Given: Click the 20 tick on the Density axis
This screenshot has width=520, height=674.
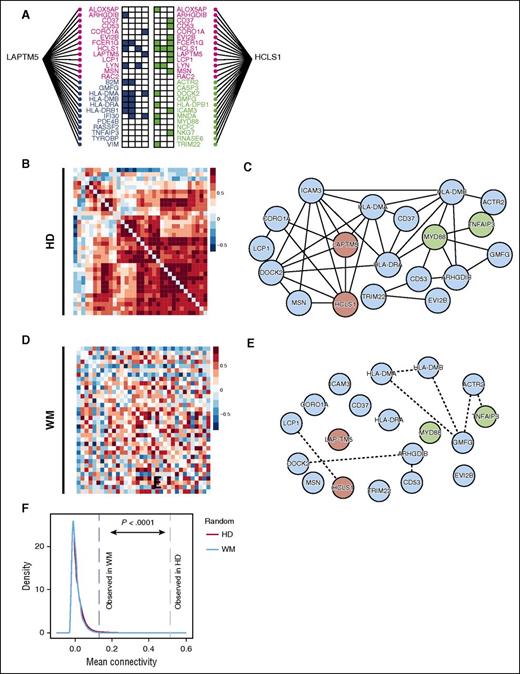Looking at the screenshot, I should pyautogui.click(x=40, y=547).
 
